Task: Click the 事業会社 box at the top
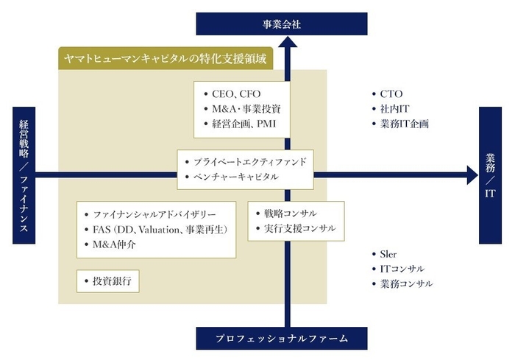(x=282, y=24)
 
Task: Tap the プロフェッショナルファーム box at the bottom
(x=282, y=339)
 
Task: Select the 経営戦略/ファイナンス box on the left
(x=23, y=175)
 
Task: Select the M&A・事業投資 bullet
(x=242, y=109)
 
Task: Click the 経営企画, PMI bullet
(x=239, y=123)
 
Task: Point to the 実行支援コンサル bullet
(x=294, y=229)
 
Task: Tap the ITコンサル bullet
(x=402, y=269)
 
